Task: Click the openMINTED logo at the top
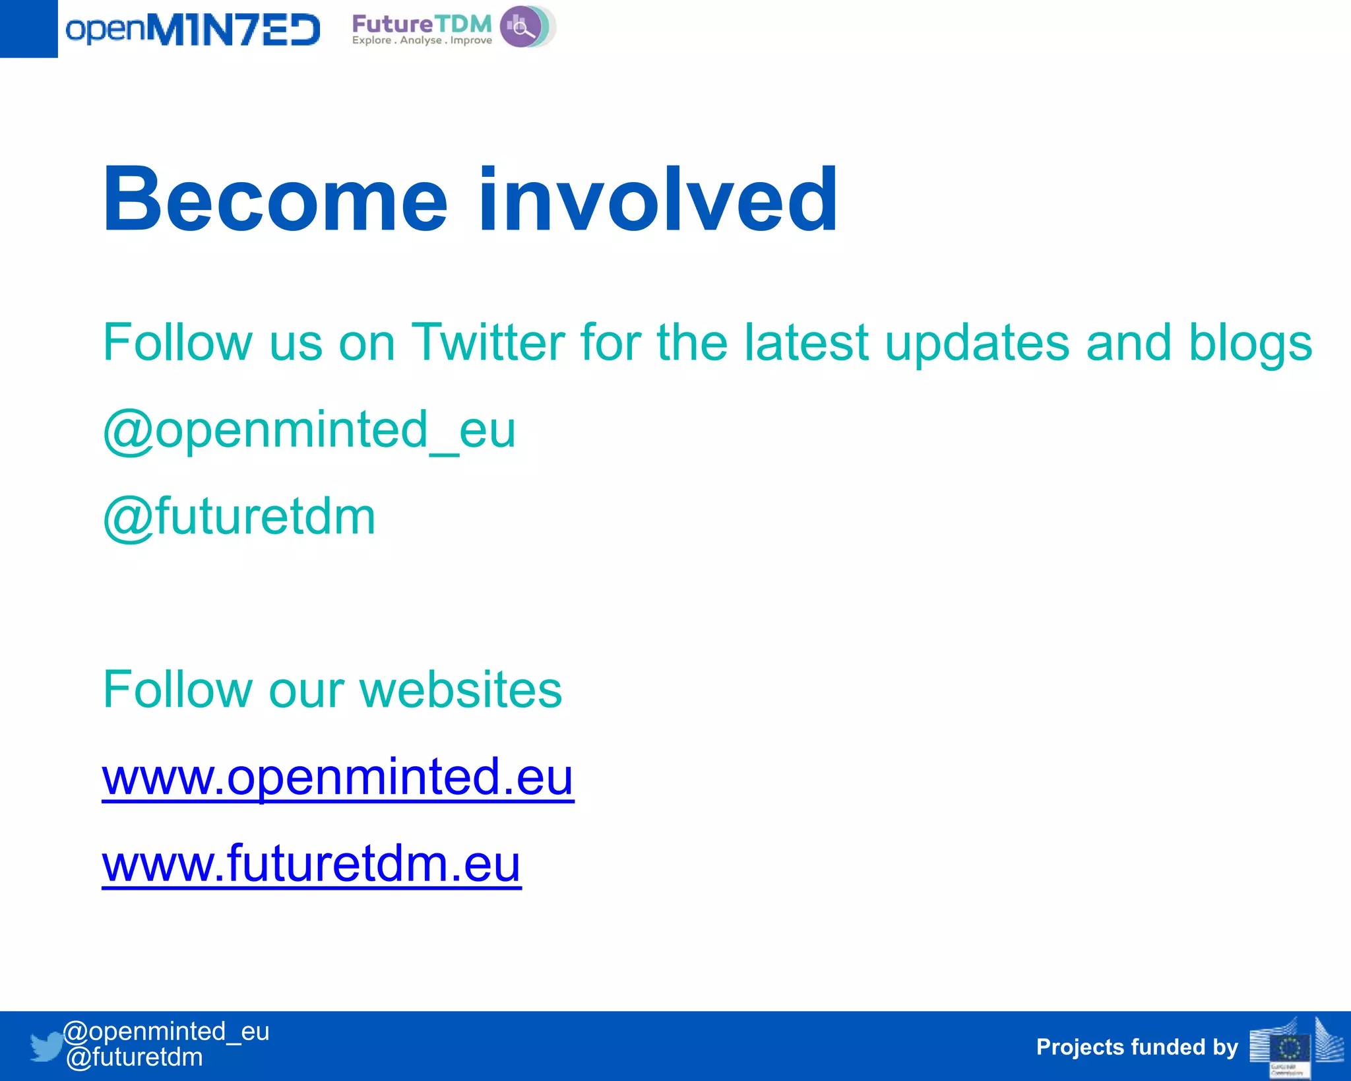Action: [193, 30]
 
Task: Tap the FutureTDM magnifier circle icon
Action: [524, 27]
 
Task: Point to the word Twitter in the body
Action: [488, 343]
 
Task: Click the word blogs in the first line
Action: [1250, 344]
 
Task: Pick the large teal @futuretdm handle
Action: [239, 517]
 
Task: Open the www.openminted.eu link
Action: [338, 777]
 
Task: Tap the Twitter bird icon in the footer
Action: [46, 1047]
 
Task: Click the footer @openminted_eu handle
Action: [166, 1031]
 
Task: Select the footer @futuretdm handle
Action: [135, 1057]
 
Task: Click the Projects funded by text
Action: [1137, 1047]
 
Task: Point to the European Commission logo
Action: [1296, 1047]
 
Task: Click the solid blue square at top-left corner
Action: [28, 28]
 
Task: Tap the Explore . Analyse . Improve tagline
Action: [422, 40]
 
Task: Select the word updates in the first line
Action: [976, 344]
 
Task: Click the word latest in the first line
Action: [806, 343]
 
